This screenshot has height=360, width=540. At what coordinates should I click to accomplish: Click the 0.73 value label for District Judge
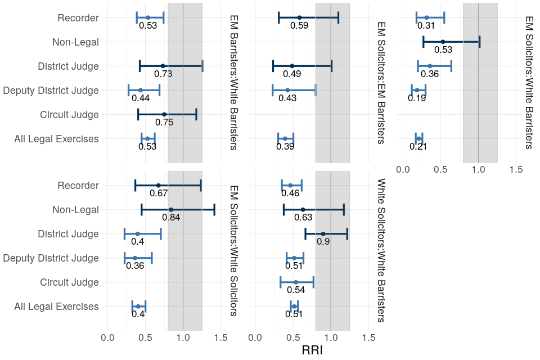(x=163, y=74)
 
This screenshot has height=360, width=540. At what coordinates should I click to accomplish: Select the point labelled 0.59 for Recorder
(x=299, y=17)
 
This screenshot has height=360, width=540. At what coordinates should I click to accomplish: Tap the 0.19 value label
(x=417, y=98)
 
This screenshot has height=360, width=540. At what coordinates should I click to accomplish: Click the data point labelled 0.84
(x=171, y=209)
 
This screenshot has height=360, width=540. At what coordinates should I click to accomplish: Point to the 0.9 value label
(x=323, y=241)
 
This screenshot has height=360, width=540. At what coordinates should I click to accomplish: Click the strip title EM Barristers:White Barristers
(x=233, y=82)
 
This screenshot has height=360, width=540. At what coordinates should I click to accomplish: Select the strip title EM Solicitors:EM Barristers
(x=381, y=82)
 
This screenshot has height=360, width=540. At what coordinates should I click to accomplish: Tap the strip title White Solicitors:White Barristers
(x=381, y=250)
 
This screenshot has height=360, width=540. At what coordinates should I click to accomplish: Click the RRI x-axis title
(x=312, y=350)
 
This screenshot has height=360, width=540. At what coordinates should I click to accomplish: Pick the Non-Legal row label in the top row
(x=75, y=42)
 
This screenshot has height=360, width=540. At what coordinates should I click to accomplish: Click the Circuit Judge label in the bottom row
(x=70, y=282)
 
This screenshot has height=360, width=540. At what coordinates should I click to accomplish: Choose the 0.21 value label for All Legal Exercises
(x=418, y=146)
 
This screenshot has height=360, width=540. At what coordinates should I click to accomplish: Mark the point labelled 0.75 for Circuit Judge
(x=164, y=114)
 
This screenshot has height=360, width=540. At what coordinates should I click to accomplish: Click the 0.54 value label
(x=296, y=290)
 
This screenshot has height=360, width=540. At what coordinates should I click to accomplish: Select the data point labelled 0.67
(x=158, y=185)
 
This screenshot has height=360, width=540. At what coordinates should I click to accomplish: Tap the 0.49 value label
(x=291, y=74)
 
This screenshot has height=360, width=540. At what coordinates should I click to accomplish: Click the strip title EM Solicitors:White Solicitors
(x=233, y=250)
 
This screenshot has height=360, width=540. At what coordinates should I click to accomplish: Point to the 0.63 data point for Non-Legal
(x=303, y=209)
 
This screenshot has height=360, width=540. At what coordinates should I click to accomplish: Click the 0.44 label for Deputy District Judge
(x=141, y=98)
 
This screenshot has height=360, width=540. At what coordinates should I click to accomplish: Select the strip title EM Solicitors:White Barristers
(x=528, y=82)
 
